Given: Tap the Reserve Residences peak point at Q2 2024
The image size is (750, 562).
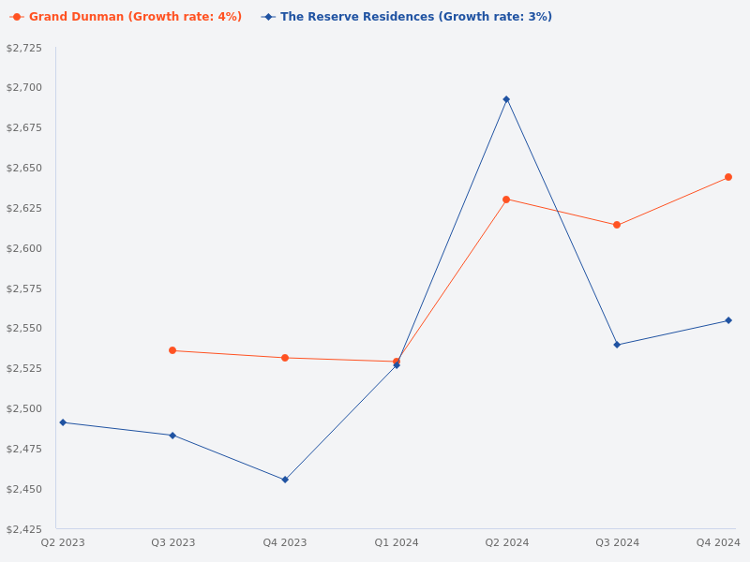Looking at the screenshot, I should tap(506, 99).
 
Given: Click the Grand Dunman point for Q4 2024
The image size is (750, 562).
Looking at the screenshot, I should tap(728, 177).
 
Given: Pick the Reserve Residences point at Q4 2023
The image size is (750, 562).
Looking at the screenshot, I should tap(285, 480).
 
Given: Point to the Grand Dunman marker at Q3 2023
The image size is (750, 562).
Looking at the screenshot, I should tap(172, 350).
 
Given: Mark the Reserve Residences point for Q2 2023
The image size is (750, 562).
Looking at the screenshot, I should tap(63, 422).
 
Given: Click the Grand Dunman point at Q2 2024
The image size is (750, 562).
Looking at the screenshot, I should tap(506, 200).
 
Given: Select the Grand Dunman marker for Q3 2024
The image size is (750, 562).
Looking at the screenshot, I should tap(617, 225).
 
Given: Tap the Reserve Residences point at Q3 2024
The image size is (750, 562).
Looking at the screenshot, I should tap(617, 345).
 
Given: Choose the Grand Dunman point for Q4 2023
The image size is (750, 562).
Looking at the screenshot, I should tap(285, 358).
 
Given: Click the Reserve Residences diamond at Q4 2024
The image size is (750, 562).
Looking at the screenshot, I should tap(728, 320).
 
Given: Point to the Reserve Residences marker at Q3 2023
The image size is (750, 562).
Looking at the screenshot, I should tap(172, 435).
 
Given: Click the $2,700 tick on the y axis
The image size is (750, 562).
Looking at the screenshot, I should tap(24, 87).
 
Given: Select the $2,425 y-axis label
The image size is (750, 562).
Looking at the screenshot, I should tap(24, 529).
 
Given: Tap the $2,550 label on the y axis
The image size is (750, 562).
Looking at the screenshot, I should tap(24, 329).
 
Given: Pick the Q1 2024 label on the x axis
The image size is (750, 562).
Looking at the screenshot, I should tap(397, 542).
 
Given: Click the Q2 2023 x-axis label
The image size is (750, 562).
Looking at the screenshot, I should tap(63, 542).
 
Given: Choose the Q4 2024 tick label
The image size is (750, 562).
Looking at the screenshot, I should tap(717, 542).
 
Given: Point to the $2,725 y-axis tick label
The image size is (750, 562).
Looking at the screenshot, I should tap(24, 48).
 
